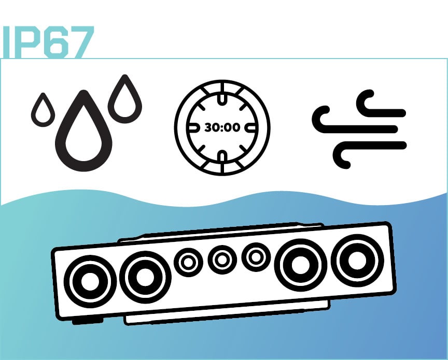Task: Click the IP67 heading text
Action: point(48,42)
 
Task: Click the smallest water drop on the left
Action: point(43,110)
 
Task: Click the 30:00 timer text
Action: point(222,127)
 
